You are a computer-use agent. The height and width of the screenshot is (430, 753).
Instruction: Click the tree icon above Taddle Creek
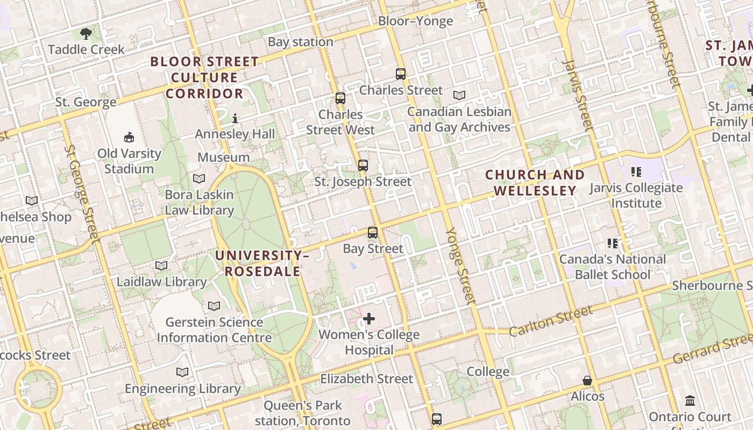tap(86, 34)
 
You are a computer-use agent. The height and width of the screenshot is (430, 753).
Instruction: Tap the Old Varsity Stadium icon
tap(129, 138)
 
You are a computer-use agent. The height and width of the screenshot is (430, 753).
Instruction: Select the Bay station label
tap(301, 42)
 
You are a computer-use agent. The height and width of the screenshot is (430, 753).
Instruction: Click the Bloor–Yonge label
tap(415, 21)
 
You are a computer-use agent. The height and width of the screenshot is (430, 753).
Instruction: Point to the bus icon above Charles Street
tap(401, 74)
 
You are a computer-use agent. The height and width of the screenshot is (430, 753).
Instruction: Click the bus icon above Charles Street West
tap(340, 98)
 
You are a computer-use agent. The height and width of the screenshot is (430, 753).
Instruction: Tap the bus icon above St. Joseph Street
tap(363, 166)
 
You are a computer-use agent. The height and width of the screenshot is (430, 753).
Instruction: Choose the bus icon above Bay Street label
tap(373, 233)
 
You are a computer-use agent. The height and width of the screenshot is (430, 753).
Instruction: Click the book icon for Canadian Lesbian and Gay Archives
tap(459, 96)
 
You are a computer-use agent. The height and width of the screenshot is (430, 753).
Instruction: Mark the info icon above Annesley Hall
tap(235, 118)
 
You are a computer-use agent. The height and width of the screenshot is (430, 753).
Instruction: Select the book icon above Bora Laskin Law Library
tap(199, 178)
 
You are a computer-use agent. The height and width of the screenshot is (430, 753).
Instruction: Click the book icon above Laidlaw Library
tap(161, 266)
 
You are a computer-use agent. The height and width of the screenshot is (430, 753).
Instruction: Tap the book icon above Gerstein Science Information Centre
tap(214, 306)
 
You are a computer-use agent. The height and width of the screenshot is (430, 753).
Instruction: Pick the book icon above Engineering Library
tap(182, 372)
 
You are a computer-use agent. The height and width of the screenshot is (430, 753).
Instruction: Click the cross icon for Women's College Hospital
tap(369, 319)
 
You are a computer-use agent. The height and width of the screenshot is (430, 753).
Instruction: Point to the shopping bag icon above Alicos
tap(587, 381)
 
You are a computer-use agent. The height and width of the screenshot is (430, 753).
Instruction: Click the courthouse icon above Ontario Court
tap(690, 401)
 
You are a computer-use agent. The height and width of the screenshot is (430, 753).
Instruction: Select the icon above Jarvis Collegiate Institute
tap(636, 172)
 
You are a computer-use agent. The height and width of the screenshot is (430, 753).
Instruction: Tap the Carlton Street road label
tap(551, 321)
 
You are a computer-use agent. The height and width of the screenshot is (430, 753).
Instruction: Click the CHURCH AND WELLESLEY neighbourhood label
tap(535, 183)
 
